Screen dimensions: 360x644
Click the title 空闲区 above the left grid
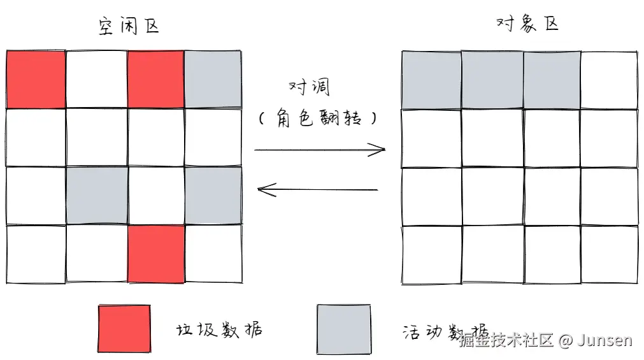point(128,26)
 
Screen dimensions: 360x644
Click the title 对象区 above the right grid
point(527,24)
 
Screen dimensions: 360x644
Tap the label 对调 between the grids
point(310,87)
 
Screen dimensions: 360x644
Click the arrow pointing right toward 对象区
point(320,150)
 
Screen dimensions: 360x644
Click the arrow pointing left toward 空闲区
point(317,189)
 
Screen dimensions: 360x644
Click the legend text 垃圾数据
point(218,330)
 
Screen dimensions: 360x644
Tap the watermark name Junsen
point(605,340)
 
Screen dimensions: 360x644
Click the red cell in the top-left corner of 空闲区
point(36,80)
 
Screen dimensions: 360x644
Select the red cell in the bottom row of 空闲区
point(156,254)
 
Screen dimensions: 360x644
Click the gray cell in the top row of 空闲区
point(213,80)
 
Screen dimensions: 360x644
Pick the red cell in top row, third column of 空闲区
point(156,80)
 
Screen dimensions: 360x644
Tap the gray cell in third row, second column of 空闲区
point(97,196)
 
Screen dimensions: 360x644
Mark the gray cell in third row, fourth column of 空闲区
point(213,196)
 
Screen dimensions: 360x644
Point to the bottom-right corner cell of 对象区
point(609,254)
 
